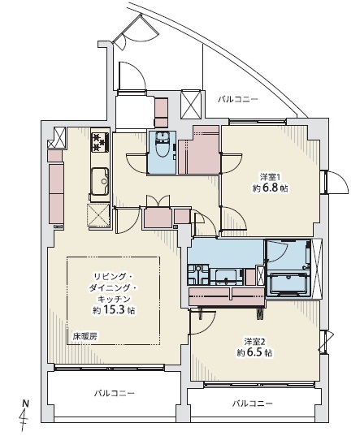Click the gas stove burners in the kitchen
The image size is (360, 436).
(100, 142)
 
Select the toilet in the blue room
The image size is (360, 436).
(162, 145)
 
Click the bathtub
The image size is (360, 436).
(288, 283)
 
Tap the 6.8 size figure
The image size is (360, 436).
(269, 188)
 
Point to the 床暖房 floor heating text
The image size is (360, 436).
(85, 336)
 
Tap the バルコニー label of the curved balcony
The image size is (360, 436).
(238, 99)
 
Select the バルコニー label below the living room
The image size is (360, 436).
(114, 393)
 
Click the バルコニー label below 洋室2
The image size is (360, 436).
(253, 404)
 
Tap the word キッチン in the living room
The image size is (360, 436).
(115, 299)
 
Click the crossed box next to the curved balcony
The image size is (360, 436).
(191, 104)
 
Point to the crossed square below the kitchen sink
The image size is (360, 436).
(98, 216)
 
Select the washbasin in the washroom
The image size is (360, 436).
(226, 277)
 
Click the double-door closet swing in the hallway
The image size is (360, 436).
(158, 201)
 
